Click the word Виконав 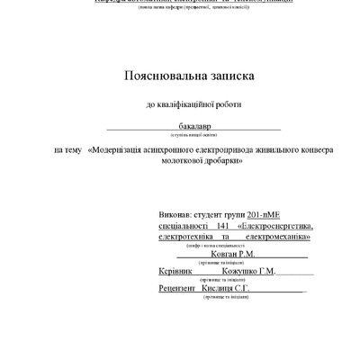coord(175,217)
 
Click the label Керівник coord(175,271)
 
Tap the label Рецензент coord(179,288)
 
